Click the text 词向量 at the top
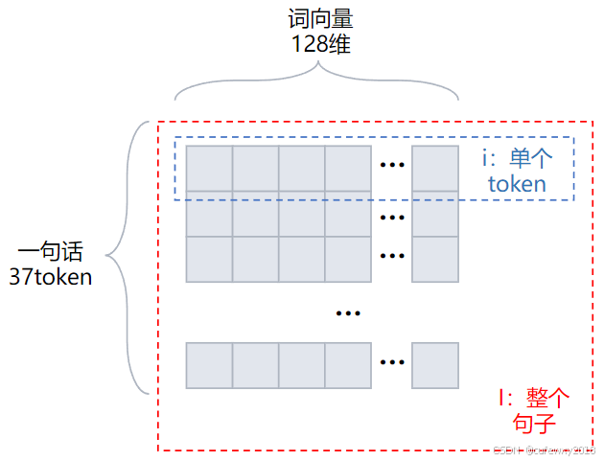[316, 19]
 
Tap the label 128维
[316, 44]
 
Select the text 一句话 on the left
[51, 253]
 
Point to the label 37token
[51, 278]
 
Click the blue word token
[517, 183]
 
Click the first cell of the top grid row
[209, 169]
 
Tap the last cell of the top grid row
[435, 169]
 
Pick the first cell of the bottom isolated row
[209, 365]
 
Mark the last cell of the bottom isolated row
[435, 365]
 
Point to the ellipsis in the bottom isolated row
[391, 362]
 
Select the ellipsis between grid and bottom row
[347, 312]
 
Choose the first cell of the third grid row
[209, 259]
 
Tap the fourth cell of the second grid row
[347, 214]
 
